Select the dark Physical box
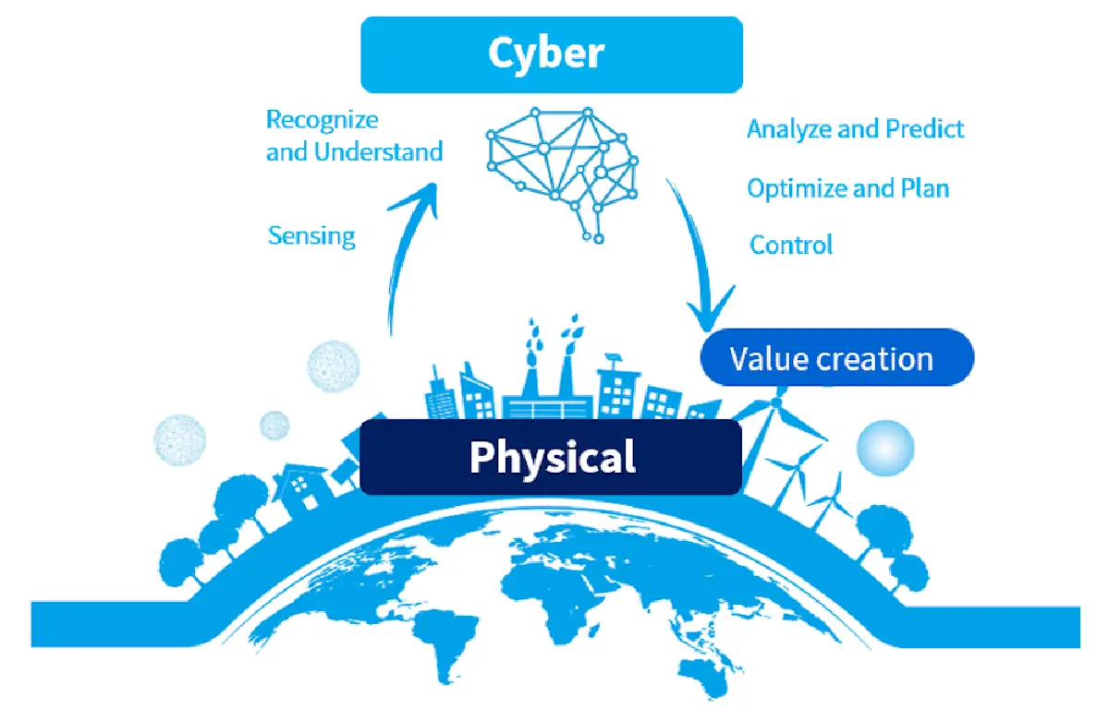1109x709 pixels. click(551, 457)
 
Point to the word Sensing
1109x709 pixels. click(311, 235)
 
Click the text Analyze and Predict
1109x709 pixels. click(855, 129)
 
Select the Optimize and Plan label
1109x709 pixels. click(847, 188)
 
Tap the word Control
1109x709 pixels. click(791, 245)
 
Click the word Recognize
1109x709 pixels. click(322, 120)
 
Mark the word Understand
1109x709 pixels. click(378, 151)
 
